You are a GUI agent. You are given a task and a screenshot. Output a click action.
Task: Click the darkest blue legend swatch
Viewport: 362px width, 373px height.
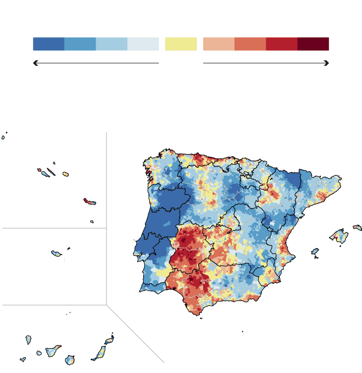(x=49, y=44)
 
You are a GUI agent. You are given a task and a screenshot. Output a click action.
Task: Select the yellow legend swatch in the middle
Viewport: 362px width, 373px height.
(x=180, y=44)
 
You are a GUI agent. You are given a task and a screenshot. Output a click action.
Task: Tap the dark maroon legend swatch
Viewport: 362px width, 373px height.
(x=313, y=44)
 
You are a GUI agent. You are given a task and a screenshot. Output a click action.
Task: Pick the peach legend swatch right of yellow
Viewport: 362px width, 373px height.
(x=218, y=44)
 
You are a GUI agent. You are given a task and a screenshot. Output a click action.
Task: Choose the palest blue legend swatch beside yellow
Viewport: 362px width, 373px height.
(x=143, y=44)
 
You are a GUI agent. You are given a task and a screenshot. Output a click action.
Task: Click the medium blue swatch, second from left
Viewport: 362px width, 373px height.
(x=80, y=44)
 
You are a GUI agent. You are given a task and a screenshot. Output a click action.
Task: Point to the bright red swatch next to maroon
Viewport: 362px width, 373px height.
(x=281, y=44)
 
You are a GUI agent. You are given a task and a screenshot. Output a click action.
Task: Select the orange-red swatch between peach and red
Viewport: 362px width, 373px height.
(x=250, y=44)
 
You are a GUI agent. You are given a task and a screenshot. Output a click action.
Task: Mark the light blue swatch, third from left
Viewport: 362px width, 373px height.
(x=112, y=44)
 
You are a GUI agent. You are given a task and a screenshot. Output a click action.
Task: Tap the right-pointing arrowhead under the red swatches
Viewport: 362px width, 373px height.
(x=326, y=63)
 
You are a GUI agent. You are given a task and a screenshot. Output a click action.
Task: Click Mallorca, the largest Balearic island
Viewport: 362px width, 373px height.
(x=339, y=236)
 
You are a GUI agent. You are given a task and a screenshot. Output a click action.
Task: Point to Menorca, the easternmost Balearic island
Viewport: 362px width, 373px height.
(x=357, y=228)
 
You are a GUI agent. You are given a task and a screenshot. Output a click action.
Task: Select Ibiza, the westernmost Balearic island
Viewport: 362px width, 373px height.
(x=315, y=251)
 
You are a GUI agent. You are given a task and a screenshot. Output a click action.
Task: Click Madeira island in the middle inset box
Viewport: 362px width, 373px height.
(x=56, y=253)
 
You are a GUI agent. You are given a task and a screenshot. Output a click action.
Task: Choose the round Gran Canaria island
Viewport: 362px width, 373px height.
(x=70, y=359)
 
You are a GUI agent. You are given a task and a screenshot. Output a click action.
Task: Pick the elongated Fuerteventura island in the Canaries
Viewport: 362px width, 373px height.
(x=99, y=354)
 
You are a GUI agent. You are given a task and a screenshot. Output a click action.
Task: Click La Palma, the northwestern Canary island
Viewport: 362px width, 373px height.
(x=29, y=339)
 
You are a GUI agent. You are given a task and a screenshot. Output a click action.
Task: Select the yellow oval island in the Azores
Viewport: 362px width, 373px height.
(x=65, y=174)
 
